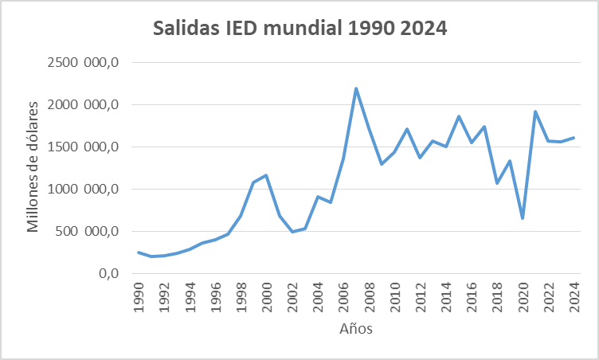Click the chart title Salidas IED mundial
tap(300, 29)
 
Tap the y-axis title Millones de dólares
tap(33, 166)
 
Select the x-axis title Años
tap(355, 328)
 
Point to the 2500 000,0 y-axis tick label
tap(82, 62)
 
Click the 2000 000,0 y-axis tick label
tap(82, 104)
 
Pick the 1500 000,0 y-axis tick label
tap(82, 147)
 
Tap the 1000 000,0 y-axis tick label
tap(82, 189)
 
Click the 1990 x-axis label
tap(138, 295)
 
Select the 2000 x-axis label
tap(266, 295)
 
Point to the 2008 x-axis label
tap(369, 295)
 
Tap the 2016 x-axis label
tap(472, 295)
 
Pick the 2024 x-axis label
tap(574, 295)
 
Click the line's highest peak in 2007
tap(356, 88)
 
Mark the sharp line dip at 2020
tap(523, 218)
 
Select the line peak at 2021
tap(535, 112)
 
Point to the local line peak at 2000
tap(266, 175)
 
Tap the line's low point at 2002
tap(292, 232)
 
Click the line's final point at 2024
tap(574, 138)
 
